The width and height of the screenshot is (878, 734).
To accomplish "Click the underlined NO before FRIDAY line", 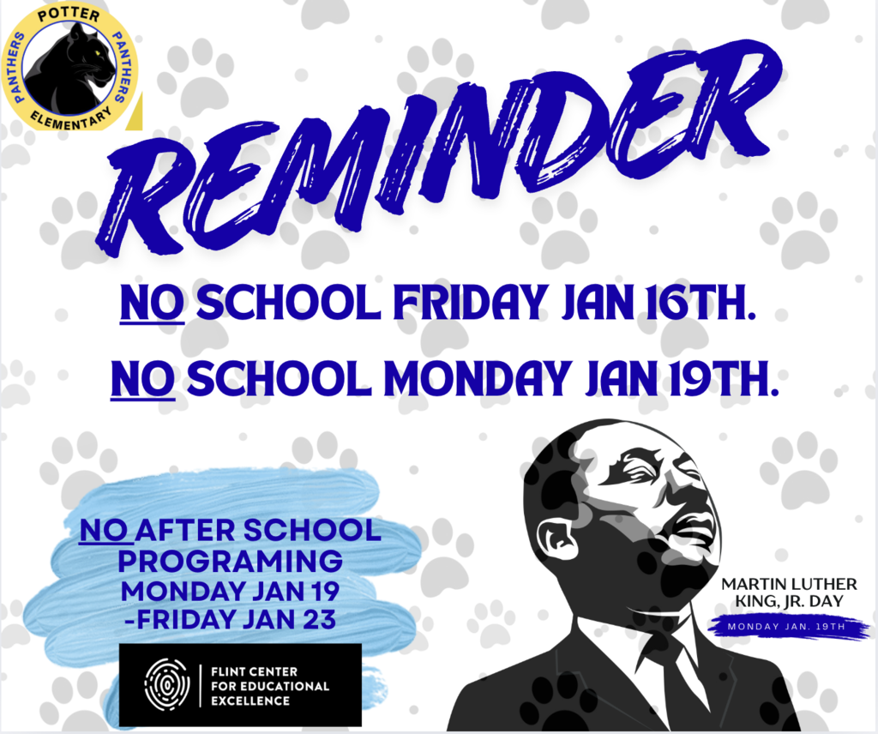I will pyautogui.click(x=152, y=304).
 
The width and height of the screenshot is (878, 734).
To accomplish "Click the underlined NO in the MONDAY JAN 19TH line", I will pyautogui.click(x=143, y=377).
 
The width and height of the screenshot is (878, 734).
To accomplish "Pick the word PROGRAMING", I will pyautogui.click(x=230, y=563).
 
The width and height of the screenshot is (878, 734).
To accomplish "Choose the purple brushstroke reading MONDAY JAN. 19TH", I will pyautogui.click(x=787, y=626).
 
